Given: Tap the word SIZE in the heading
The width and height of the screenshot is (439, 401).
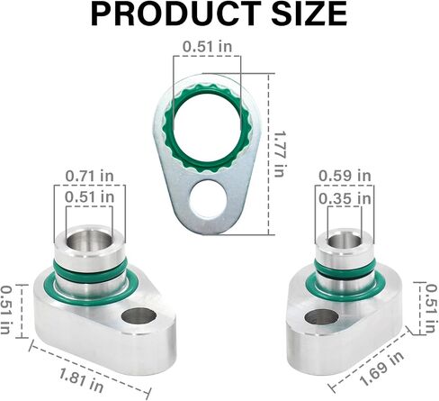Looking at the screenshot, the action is (309, 14).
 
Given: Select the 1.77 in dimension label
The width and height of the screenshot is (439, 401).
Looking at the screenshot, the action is (279, 153).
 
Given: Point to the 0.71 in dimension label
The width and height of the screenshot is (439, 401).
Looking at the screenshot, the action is (90, 176).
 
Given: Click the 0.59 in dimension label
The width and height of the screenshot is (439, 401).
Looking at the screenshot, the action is (345, 176).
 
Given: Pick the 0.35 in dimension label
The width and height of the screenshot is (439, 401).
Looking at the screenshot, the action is (345, 198).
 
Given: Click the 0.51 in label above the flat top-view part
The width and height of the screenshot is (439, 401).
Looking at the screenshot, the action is (208, 47).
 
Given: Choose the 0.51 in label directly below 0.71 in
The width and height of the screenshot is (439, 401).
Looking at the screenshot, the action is (90, 197).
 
